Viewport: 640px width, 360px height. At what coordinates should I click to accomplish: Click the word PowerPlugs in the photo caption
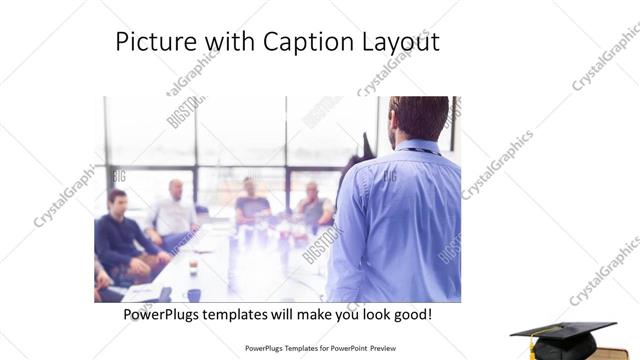(x=166, y=314)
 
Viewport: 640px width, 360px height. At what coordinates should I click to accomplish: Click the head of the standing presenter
(x=419, y=118)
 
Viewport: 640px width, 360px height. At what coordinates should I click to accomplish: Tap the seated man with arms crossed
(x=314, y=207)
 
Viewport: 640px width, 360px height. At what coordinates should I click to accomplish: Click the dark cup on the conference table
(x=194, y=294)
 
